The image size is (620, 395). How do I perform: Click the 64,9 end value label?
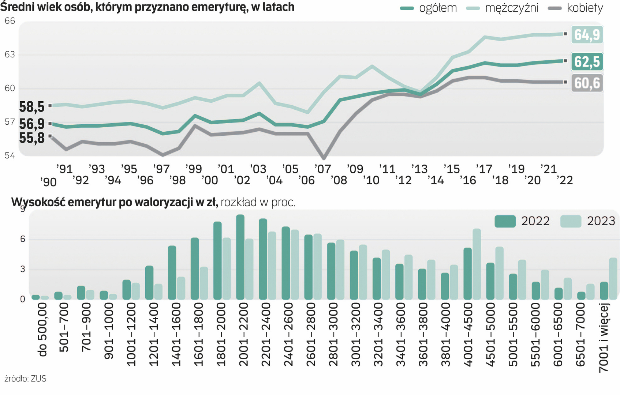pos(587,35)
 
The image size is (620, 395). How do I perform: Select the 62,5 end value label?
pos(587,62)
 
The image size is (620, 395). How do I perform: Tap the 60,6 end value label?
pos(587,83)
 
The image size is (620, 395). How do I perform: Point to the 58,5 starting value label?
pos(32,107)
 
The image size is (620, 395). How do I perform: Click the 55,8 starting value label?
pos(32,138)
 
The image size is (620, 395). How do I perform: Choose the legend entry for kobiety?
pos(584,8)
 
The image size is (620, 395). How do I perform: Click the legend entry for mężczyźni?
pos(511,8)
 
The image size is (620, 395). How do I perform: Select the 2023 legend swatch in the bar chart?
pos(571,221)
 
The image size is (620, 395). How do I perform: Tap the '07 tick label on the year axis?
pos(323,169)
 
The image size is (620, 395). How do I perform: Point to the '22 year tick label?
pos(565,180)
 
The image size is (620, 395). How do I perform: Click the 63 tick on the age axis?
pos(10,55)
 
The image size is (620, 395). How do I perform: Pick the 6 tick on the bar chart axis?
pos(23,239)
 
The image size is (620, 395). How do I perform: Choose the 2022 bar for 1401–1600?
pos(172,272)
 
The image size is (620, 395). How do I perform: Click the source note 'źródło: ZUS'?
pos(25,379)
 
